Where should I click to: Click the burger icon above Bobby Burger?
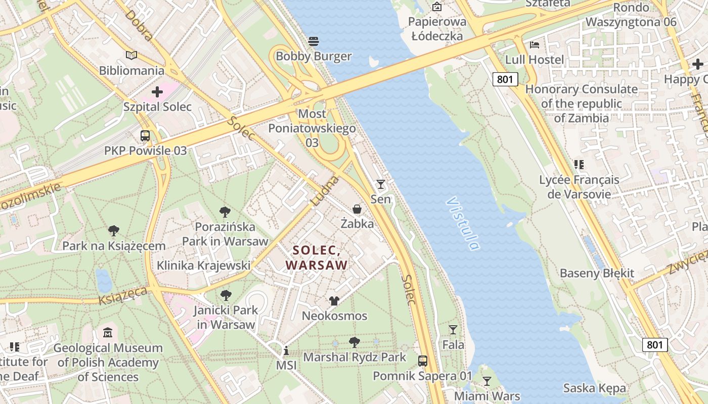pos(314,41)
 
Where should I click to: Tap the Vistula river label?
pos(463,224)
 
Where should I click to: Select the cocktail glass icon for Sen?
pos(381,184)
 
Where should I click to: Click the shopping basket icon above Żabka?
pos(357,209)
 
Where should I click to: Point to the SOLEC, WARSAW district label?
pos(317,258)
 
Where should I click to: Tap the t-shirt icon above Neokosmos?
pos(334,301)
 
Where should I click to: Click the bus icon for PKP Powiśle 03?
pos(145,135)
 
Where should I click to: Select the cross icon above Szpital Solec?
pos(157,92)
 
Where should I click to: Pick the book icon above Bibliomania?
pos(131,56)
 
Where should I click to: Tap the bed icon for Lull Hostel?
pos(535,44)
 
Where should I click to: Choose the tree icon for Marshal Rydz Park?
pos(355,342)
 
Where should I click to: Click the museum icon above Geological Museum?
pos(108,333)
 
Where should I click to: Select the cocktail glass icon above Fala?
pos(453,330)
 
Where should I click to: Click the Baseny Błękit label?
pos(596,273)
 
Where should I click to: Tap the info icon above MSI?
pos(286,350)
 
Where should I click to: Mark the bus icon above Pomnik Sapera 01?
pos(423,361)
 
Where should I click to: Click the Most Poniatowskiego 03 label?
pos(312,128)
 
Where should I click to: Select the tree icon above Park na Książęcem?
pos(114,231)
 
